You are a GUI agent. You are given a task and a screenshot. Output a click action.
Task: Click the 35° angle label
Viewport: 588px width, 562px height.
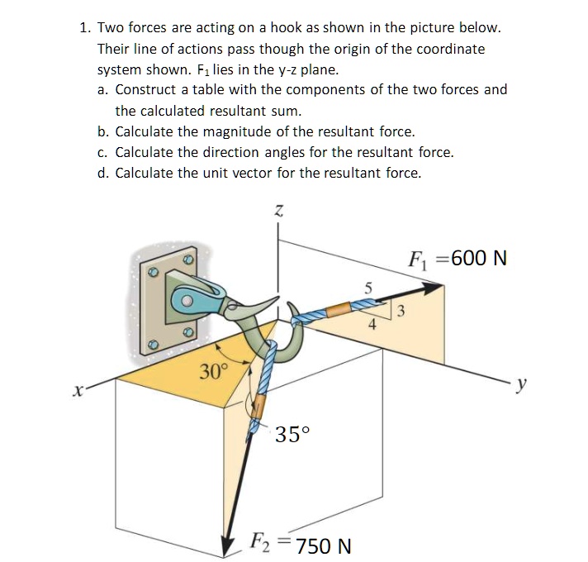294,435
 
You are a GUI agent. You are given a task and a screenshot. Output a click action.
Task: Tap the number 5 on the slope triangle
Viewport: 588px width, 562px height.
368,288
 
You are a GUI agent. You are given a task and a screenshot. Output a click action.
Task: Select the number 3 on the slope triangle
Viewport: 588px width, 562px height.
401,312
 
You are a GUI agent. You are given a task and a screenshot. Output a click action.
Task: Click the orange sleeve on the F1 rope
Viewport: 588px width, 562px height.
338,311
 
